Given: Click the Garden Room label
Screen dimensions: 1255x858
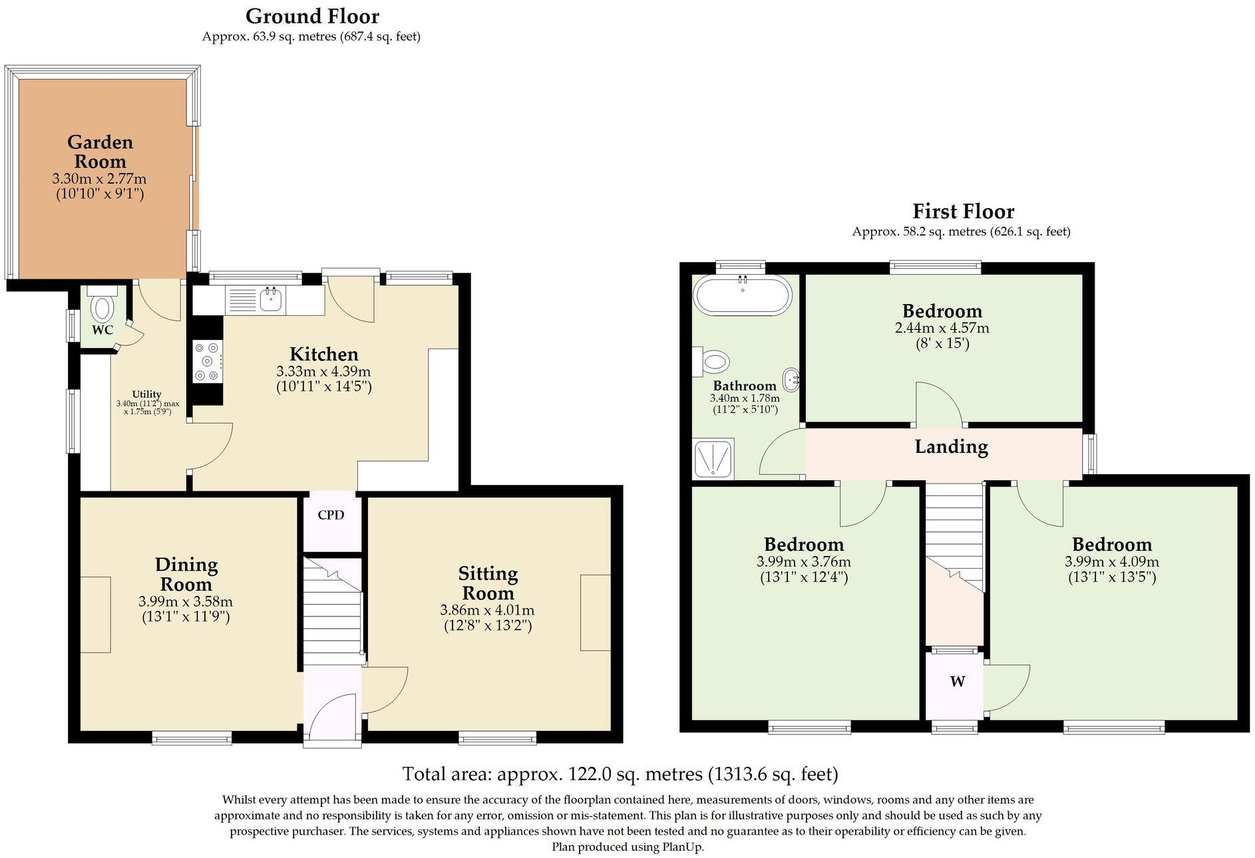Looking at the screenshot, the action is [100, 152].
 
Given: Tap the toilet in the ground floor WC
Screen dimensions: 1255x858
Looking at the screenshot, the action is [102, 303].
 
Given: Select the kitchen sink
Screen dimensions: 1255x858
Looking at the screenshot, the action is [271, 299].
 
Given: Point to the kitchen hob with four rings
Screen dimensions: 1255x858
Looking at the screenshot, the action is [207, 361].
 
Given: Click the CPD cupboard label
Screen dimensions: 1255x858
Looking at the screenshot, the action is [331, 515].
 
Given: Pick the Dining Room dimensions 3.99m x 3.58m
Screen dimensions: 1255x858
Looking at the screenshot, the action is [186, 601].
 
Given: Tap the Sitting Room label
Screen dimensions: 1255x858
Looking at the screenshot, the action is [488, 583].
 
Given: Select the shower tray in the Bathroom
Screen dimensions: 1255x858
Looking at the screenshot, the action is [714, 458].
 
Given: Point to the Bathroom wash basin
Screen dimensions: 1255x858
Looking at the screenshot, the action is [792, 380].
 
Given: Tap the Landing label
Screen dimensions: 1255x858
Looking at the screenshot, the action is [951, 447].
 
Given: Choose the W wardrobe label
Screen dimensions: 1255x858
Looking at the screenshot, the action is [957, 681].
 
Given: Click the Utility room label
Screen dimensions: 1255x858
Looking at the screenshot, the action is [146, 394].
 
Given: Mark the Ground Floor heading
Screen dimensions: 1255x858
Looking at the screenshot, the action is [312, 16].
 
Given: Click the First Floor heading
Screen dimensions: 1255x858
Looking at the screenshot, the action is [963, 212].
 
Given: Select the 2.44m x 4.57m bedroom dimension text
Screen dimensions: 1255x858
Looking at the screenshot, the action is [942, 328].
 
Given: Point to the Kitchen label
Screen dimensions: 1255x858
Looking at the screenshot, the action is [323, 354].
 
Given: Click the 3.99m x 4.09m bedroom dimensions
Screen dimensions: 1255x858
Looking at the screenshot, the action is [1111, 561].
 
